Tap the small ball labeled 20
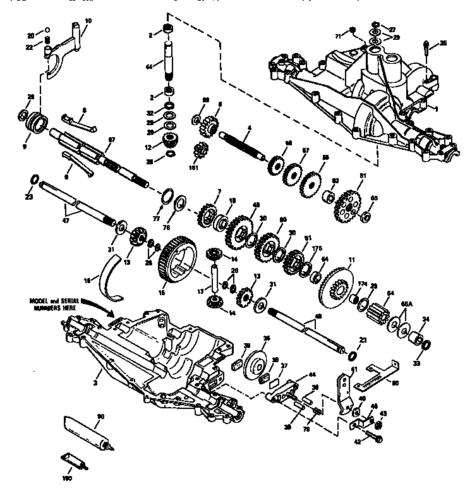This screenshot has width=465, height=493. pyautogui.click(x=47, y=30)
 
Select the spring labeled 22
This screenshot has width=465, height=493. pyautogui.click(x=47, y=42)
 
